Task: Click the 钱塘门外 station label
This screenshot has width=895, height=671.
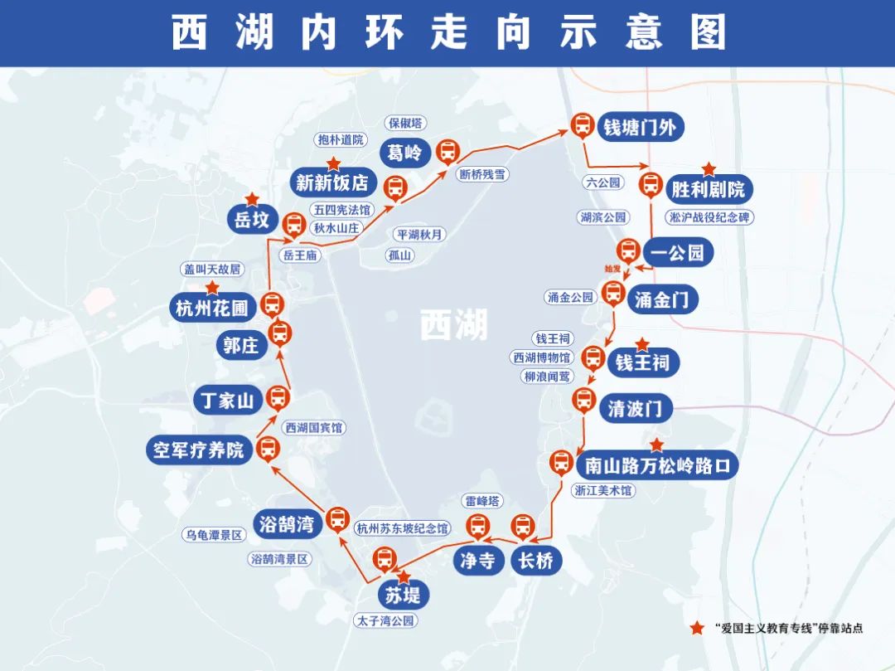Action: [640, 127]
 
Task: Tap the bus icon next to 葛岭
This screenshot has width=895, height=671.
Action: [448, 151]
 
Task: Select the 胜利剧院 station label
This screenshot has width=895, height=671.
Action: [708, 190]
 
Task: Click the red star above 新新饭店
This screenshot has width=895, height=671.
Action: [333, 163]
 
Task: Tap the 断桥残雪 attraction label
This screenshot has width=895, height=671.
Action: [482, 174]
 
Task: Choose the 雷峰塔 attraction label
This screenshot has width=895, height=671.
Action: [483, 500]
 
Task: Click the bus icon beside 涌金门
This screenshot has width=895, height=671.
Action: [613, 292]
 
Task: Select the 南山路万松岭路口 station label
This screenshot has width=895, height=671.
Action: [656, 464]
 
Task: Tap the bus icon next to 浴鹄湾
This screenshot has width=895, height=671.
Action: [337, 519]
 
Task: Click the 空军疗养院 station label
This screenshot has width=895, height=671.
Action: [199, 450]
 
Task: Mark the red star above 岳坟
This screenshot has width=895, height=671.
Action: [252, 199]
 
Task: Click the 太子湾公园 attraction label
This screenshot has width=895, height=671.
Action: [384, 620]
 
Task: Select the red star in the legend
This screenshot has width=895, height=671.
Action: [698, 628]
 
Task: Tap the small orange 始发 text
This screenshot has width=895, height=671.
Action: [612, 269]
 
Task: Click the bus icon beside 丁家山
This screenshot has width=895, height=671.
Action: [279, 398]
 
